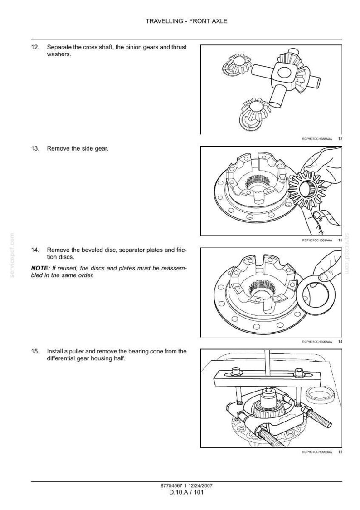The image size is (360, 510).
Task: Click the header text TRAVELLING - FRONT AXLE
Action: (x=186, y=21)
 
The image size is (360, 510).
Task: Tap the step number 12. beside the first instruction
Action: (x=35, y=47)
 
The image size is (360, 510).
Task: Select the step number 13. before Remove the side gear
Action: (x=35, y=149)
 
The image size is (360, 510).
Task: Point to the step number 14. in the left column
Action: (x=35, y=250)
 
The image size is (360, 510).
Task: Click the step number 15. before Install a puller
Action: (x=35, y=352)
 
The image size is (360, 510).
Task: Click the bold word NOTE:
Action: (x=41, y=268)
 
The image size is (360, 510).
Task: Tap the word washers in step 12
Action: (x=59, y=54)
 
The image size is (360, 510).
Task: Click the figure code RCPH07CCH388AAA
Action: (x=317, y=139)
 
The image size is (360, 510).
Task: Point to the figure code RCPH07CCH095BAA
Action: (x=317, y=452)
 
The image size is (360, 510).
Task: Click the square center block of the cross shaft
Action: (x=285, y=74)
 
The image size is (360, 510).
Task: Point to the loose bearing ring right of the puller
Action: (x=321, y=394)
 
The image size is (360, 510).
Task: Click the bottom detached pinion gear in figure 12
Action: (x=253, y=113)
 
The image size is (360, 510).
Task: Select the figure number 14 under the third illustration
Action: (x=340, y=342)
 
